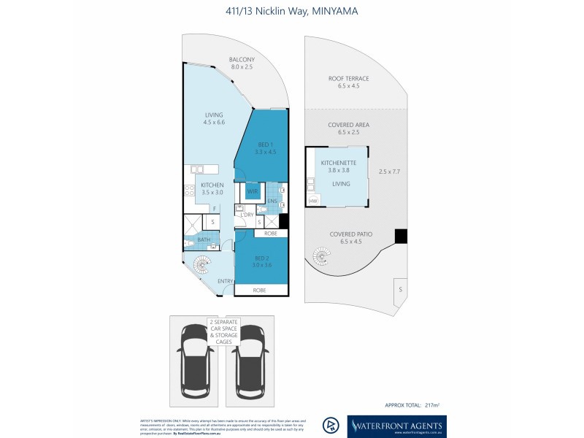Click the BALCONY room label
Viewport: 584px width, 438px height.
click(x=241, y=60)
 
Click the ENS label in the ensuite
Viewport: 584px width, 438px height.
click(x=272, y=200)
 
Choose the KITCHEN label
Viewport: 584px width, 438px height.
click(x=212, y=185)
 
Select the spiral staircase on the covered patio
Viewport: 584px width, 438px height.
click(x=321, y=256)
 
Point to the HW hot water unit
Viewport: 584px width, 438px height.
click(x=313, y=201)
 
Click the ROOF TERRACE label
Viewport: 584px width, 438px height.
click(x=348, y=79)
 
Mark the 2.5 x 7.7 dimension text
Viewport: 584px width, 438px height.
click(x=391, y=172)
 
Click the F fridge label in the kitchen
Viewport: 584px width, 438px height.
click(x=215, y=208)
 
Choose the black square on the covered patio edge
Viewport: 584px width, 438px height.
click(x=400, y=236)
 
